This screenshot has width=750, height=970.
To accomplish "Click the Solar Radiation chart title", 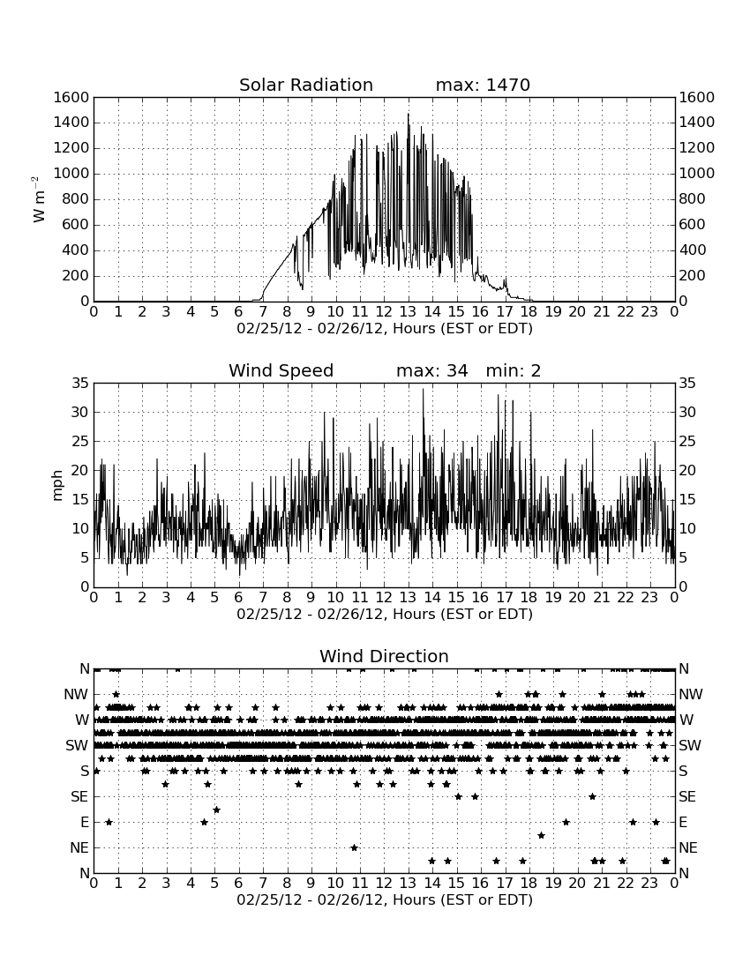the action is coord(305,85).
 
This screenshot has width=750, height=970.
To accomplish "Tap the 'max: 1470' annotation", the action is coord(483,85).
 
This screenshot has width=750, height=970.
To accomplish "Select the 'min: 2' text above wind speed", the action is coord(513,370).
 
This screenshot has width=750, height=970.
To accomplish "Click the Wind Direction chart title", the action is coord(384,656).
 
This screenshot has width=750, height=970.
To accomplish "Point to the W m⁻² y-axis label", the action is coord(38,199).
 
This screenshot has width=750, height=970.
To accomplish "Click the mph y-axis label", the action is coord(57,486).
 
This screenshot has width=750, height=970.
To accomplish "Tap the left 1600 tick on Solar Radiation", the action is coord(71,97).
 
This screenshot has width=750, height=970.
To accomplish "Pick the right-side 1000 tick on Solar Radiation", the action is coord(697,174).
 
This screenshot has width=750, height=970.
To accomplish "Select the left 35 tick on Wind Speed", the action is coord(80,384).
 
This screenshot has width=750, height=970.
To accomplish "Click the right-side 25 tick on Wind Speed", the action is coord(687,442).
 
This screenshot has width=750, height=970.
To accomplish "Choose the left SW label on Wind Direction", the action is coord(77,745).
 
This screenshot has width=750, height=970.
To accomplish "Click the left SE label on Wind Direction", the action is coord(79,797).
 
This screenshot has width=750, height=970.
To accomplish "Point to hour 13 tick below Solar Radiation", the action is coord(408,311).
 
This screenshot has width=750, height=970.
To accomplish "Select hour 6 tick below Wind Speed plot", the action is coord(238,597).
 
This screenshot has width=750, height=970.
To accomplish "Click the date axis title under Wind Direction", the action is coord(385,899).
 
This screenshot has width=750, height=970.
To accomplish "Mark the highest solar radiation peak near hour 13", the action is coord(408,115).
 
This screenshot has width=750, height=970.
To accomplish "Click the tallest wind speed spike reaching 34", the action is coord(424,389).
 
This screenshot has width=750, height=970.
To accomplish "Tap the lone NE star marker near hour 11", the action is coord(354,847).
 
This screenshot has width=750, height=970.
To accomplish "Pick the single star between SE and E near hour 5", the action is coord(216,810).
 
